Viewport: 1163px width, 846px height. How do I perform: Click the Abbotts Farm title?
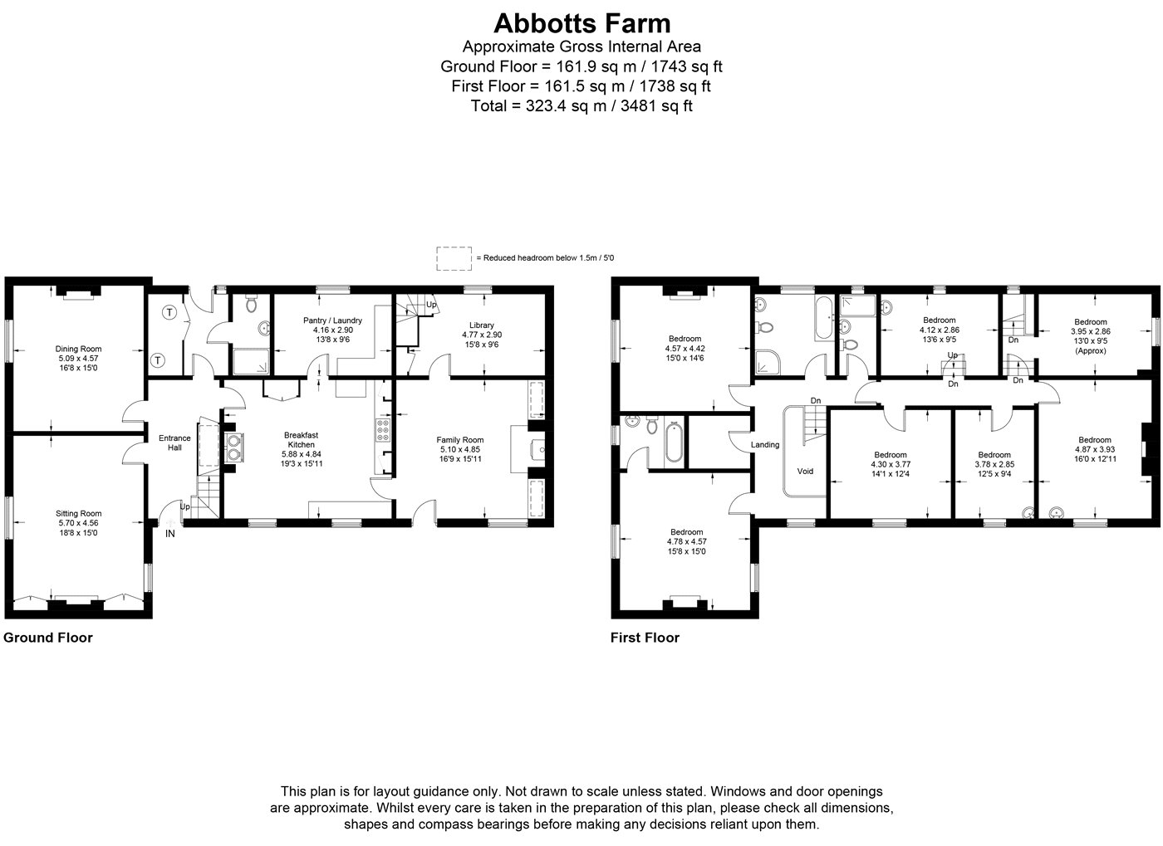581,23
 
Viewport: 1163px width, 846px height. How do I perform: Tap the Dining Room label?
78,349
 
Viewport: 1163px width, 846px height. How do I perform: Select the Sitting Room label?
78,513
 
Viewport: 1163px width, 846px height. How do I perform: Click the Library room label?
481,325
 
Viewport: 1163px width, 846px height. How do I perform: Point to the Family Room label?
459,440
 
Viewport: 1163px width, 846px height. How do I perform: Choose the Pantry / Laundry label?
332,320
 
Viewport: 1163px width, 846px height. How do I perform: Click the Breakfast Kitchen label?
301,440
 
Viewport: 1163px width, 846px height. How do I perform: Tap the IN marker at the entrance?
169,534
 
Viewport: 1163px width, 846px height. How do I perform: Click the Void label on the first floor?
805,472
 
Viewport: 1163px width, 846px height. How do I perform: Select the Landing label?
765,445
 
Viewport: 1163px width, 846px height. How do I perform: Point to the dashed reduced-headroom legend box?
454,258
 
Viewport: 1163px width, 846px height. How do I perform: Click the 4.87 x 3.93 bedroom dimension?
1095,449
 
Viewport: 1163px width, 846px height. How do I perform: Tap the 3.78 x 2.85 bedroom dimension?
994,464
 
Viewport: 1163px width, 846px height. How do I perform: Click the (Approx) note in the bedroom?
1090,350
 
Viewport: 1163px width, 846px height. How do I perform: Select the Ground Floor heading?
48,638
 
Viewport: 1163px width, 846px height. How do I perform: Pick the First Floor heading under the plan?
645,638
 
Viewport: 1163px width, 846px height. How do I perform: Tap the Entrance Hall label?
174,443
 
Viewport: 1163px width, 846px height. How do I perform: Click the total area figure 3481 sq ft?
656,106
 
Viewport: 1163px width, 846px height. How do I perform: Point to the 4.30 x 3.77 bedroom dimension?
891,464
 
